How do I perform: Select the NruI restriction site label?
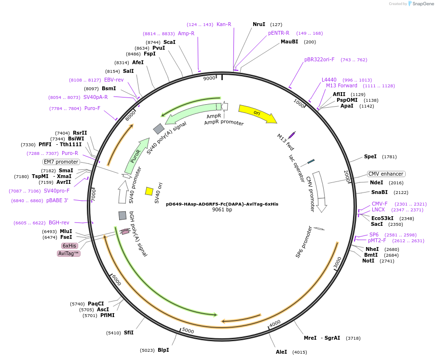(259, 24)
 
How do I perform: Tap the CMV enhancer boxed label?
(386, 174)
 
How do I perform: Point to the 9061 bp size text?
(222, 210)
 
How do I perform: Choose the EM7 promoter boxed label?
(61, 162)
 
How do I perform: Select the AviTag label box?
(68, 253)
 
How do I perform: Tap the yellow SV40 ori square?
(149, 191)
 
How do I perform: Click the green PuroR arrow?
(136, 157)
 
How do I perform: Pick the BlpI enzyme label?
(163, 350)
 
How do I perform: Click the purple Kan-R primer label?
(224, 24)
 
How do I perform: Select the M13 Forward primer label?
(341, 86)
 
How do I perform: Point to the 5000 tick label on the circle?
(188, 331)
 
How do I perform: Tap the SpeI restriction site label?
(370, 157)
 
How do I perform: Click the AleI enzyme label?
(282, 352)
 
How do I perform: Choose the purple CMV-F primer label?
(380, 204)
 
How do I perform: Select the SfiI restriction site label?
(129, 332)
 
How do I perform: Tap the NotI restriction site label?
(368, 261)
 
